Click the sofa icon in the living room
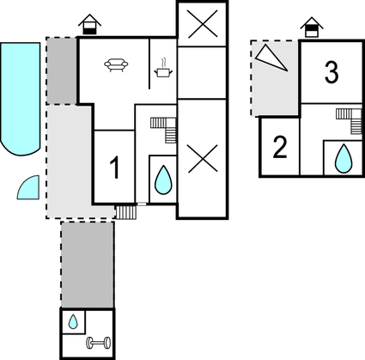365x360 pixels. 116,65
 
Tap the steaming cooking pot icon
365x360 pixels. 163,70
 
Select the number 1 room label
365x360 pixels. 114,168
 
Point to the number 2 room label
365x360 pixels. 280,147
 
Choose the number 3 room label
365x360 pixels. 332,72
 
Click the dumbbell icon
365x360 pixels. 99,343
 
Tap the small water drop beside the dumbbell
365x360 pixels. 73,321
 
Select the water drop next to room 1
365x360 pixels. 163,180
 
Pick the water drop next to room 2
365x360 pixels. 344,158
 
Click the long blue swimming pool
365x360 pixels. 20,99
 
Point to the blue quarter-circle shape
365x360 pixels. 30,189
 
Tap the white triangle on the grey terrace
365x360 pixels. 271,58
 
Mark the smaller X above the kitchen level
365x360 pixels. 203,24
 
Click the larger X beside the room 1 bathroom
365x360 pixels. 203,158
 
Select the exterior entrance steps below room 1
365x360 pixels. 125,212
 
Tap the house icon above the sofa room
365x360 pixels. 90,24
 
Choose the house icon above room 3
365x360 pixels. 312,27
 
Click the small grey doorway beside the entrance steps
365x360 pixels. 142,204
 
